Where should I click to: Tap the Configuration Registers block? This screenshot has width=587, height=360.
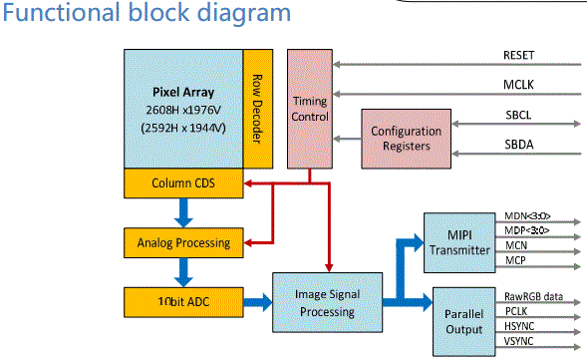(406, 139)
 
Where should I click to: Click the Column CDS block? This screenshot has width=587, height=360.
(183, 183)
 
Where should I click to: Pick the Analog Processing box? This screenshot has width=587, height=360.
(182, 241)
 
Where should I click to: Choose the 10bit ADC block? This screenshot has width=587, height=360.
(182, 300)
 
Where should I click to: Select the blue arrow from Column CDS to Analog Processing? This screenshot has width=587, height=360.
(182, 211)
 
